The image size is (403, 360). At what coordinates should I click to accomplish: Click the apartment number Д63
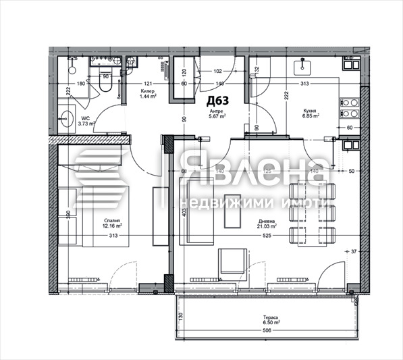click(x=217, y=101)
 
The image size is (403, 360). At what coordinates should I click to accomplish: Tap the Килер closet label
click(x=149, y=91)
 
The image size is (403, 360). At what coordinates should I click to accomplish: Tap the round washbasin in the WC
click(x=65, y=120)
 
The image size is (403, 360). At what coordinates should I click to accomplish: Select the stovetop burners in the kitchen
click(x=350, y=109)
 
